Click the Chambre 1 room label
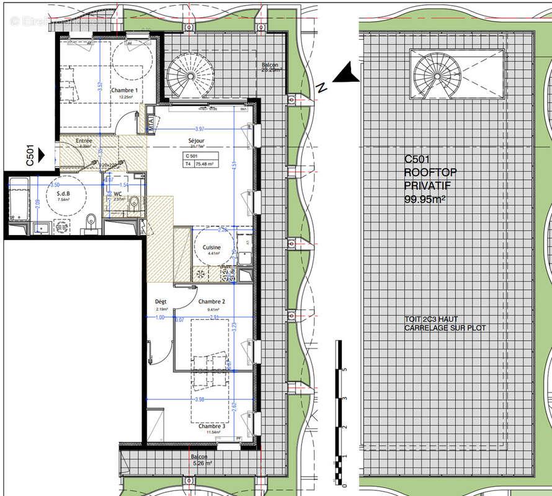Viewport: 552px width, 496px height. point(124,90)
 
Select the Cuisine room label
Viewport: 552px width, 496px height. point(211,247)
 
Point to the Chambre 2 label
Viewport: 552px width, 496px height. point(211,302)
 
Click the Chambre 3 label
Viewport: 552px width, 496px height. point(211,427)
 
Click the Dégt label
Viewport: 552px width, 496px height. point(161,302)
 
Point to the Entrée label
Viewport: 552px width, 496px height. point(84,141)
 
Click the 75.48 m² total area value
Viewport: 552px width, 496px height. point(205,164)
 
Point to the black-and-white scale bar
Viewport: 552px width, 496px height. point(337,409)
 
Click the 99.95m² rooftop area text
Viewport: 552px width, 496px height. point(425,199)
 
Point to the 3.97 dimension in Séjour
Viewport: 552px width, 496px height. point(198,128)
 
